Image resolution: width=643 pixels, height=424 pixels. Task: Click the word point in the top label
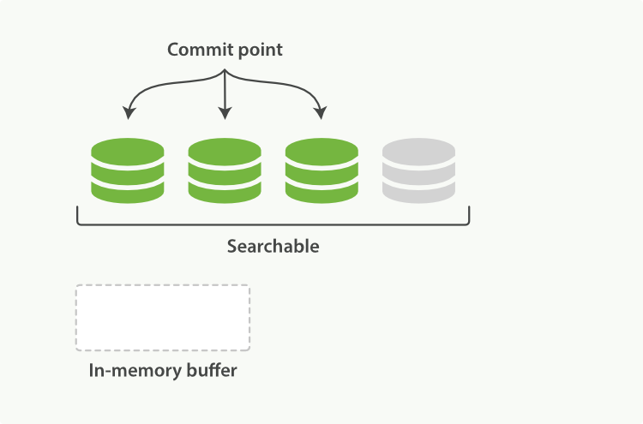pyautogui.click(x=258, y=51)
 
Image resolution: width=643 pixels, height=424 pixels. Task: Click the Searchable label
pyautogui.click(x=273, y=247)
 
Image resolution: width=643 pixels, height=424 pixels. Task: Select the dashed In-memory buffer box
pyautogui.click(x=163, y=318)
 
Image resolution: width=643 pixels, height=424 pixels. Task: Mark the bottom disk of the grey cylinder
pyautogui.click(x=418, y=194)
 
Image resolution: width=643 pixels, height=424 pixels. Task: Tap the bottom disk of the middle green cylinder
pyautogui.click(x=225, y=194)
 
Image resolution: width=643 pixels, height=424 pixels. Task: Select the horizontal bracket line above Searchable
pyautogui.click(x=273, y=224)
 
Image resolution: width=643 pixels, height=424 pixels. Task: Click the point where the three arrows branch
pyautogui.click(x=225, y=72)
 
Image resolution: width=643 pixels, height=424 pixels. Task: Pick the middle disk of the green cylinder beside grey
pyautogui.click(x=321, y=173)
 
